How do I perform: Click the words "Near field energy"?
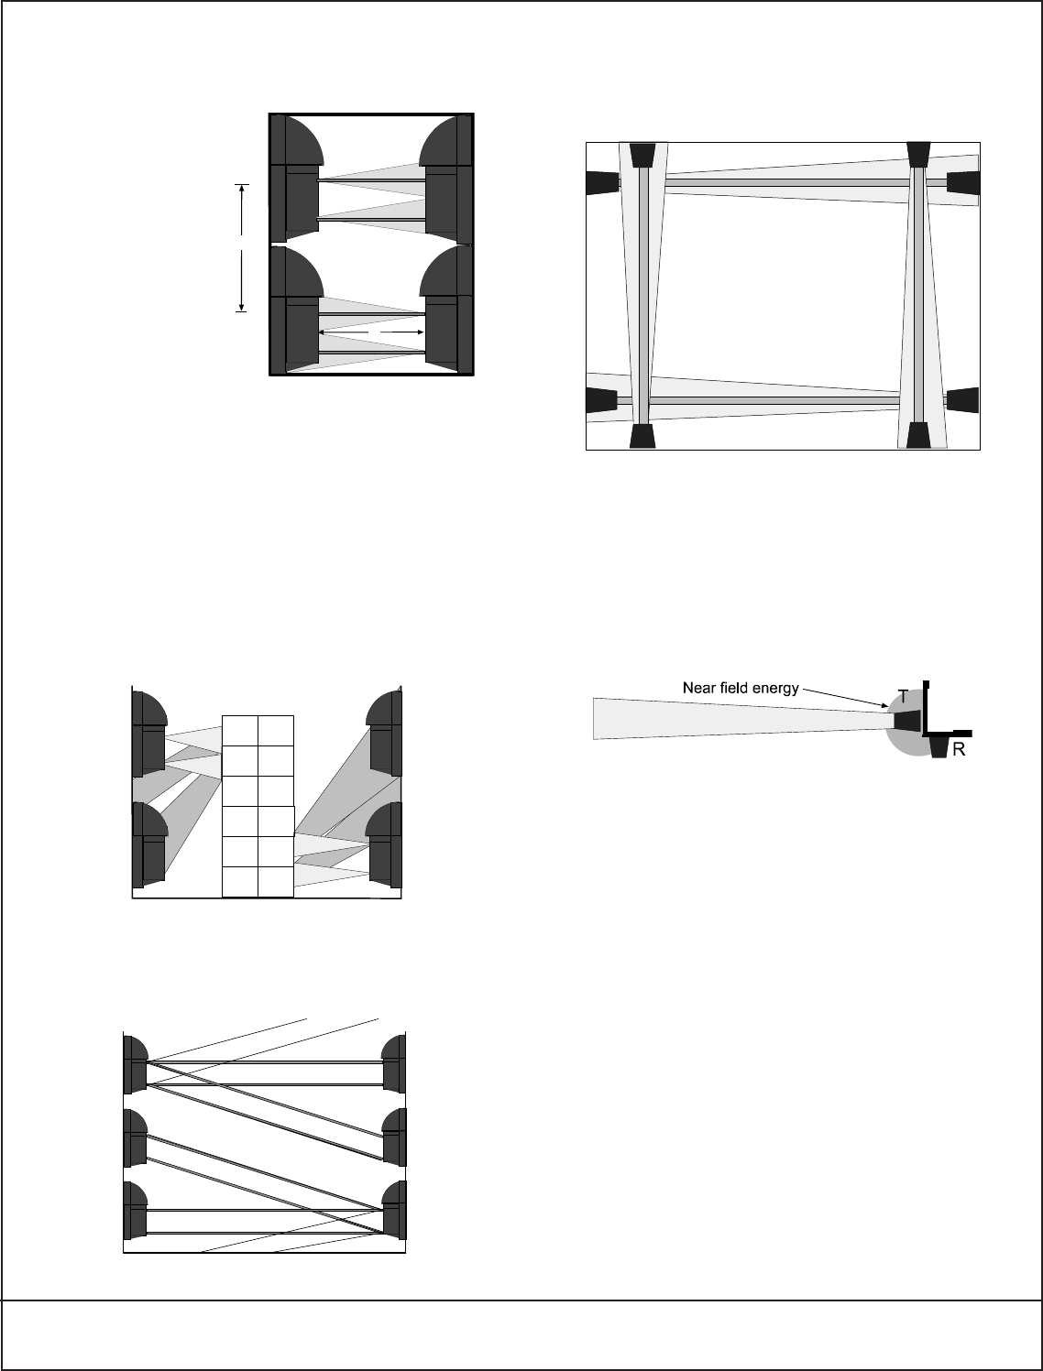(x=741, y=687)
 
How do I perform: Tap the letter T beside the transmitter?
(x=903, y=697)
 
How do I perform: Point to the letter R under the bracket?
(x=959, y=749)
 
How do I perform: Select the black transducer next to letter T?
(x=906, y=720)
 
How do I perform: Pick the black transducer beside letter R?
(x=939, y=747)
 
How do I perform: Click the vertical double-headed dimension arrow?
(x=242, y=248)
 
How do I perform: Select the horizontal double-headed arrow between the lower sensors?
(x=371, y=331)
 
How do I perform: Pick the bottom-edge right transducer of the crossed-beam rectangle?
(x=919, y=436)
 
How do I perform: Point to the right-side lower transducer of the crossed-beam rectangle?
(x=962, y=400)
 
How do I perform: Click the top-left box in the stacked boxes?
(x=241, y=730)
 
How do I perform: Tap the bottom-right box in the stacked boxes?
(x=276, y=881)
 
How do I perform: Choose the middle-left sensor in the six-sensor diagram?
(x=135, y=1137)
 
